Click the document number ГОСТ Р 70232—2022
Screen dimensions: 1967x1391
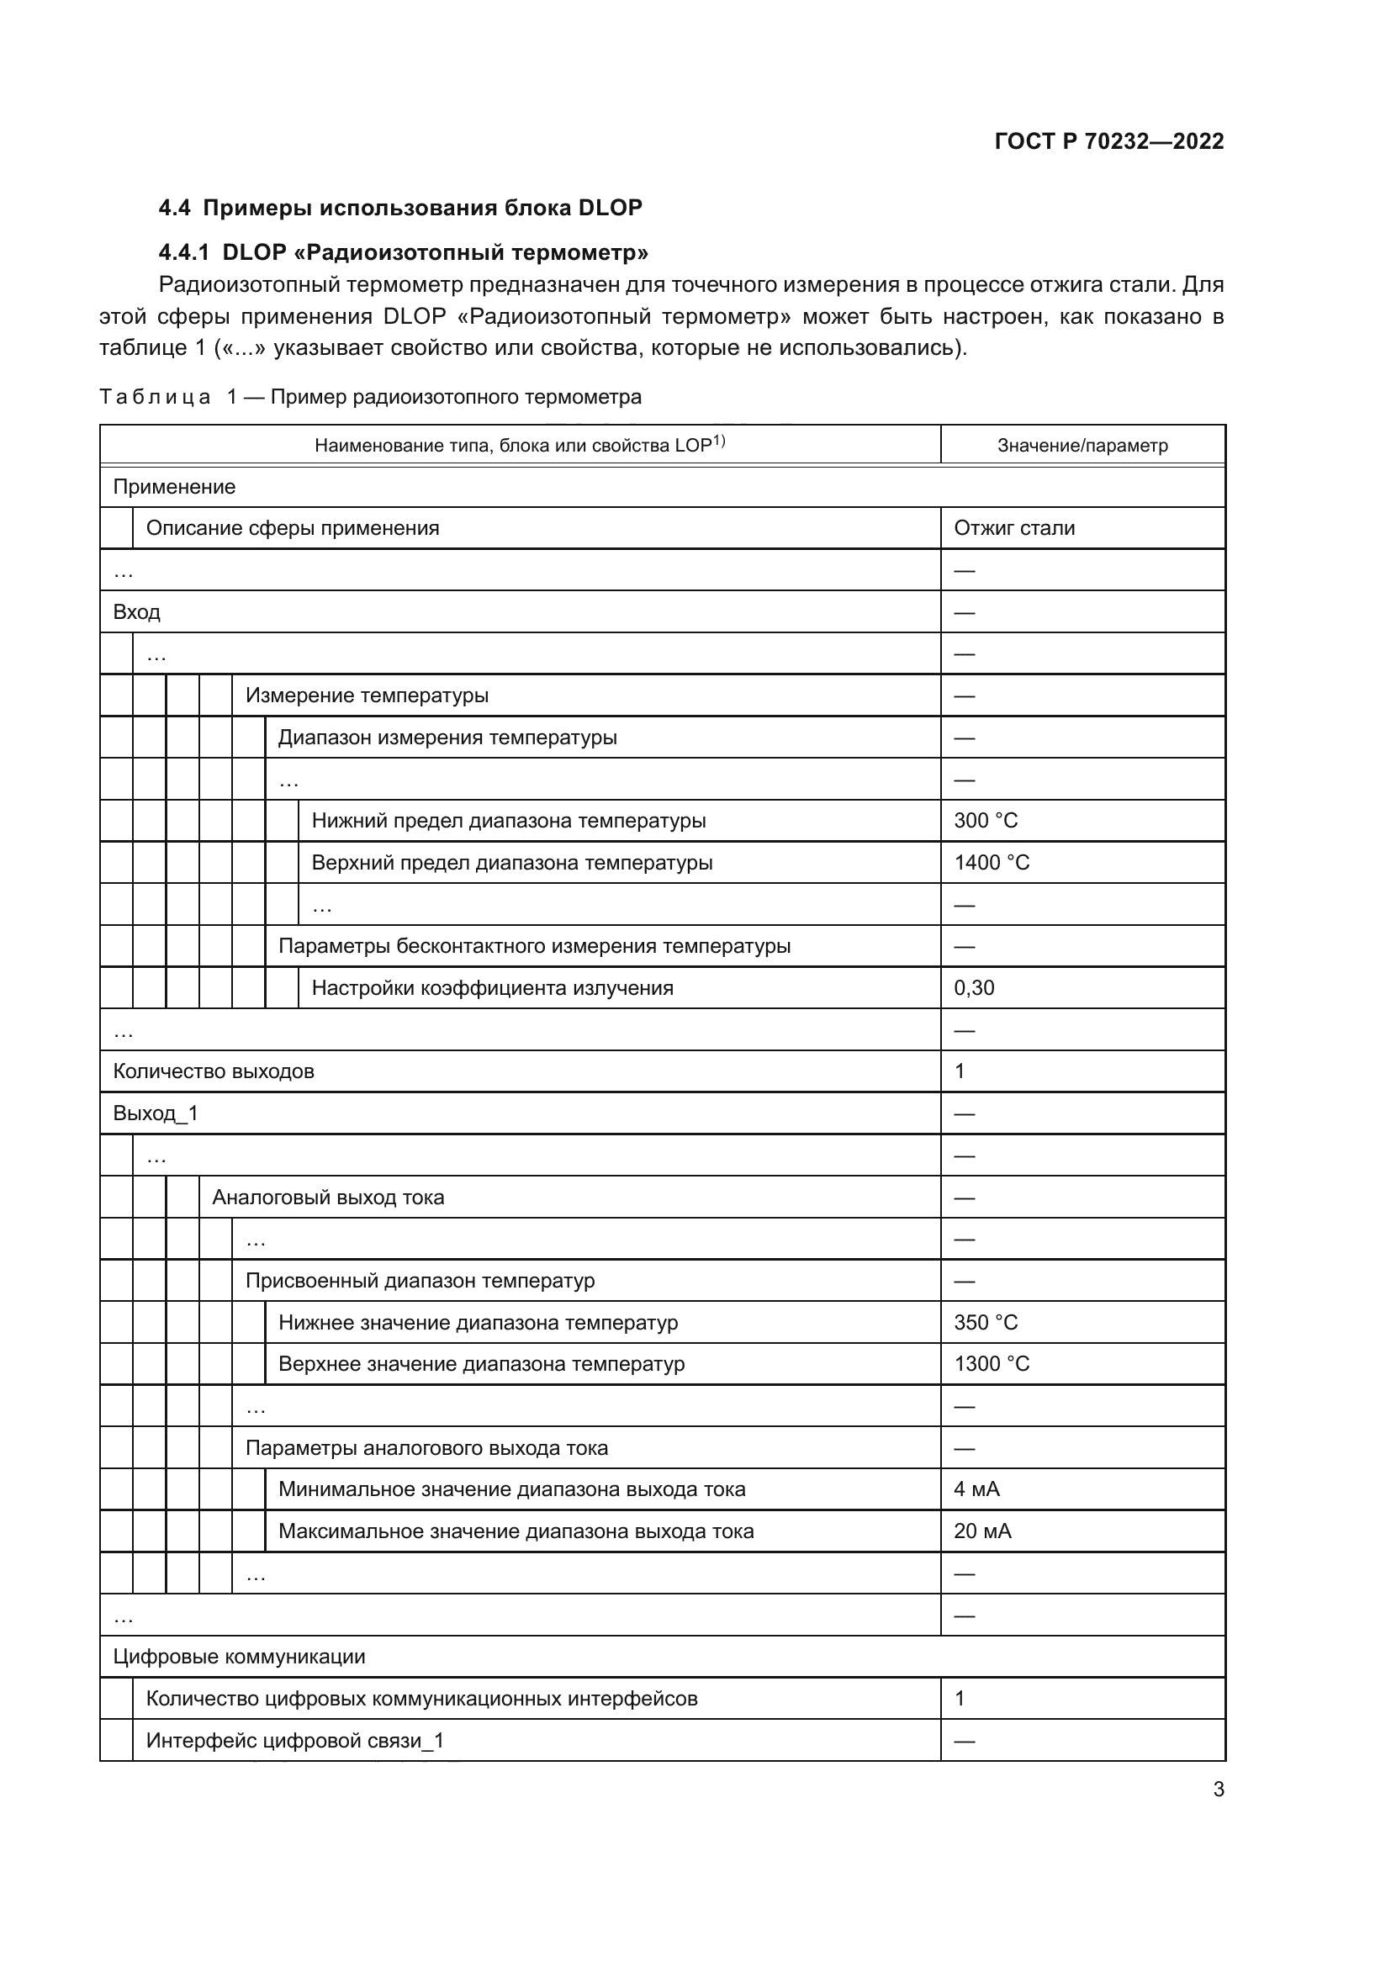(1108, 141)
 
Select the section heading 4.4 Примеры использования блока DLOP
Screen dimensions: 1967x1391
(400, 209)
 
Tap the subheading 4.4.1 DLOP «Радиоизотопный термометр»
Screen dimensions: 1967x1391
(404, 253)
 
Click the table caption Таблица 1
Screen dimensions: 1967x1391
(370, 398)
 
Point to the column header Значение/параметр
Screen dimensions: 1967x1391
(1082, 446)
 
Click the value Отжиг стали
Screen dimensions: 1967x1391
(1014, 529)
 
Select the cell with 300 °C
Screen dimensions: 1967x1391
(986, 821)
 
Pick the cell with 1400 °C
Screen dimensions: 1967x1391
(991, 863)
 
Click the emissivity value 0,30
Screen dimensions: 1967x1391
(974, 989)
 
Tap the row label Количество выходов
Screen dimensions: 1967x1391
(214, 1071)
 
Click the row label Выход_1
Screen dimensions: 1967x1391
(155, 1113)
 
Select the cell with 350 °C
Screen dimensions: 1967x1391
(986, 1323)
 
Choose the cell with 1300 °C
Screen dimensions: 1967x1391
(991, 1364)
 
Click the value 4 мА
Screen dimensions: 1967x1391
(976, 1490)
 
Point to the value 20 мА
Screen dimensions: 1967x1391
(982, 1531)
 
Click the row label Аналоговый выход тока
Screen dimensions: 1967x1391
(328, 1198)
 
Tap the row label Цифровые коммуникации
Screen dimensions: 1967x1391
(239, 1657)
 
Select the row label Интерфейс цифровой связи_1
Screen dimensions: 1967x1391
(294, 1741)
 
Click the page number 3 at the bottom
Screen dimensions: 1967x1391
(1218, 1790)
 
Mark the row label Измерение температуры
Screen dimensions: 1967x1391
(367, 695)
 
